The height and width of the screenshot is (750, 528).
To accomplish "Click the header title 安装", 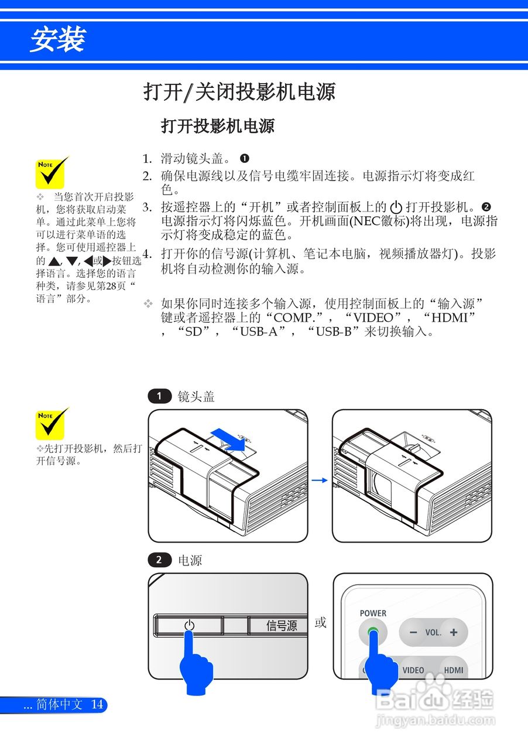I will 58,40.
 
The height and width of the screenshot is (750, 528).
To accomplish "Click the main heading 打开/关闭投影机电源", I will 239,92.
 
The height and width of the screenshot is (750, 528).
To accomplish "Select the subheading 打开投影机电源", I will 217,126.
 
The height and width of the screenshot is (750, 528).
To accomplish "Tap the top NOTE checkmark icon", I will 52,172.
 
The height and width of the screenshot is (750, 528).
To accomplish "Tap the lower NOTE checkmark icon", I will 52,424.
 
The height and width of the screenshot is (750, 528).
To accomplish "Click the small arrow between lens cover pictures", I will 319,480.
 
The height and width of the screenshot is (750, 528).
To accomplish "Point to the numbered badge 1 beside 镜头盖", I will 159,397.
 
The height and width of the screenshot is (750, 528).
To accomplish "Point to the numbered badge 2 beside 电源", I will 159,560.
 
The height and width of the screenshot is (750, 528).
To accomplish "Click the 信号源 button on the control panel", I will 281,626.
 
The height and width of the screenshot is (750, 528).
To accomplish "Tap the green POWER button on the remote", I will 373,633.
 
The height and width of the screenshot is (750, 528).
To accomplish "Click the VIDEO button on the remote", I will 413,670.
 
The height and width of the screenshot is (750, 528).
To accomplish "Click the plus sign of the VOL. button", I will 454,633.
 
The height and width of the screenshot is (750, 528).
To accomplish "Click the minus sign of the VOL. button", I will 413,633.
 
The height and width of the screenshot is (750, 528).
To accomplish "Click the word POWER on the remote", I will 373,613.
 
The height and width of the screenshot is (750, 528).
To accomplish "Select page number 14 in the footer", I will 97,704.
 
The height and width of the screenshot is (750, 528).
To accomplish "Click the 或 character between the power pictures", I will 320,623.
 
